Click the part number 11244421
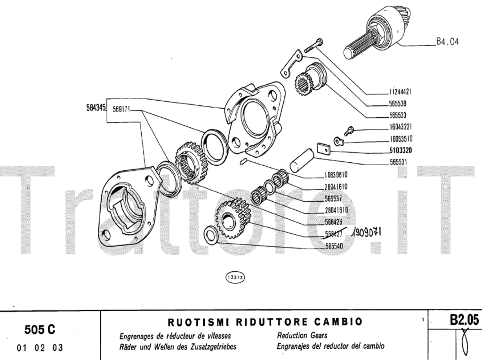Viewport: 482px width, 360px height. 401,92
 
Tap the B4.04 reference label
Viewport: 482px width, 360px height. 448,42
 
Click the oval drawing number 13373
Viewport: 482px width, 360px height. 234,278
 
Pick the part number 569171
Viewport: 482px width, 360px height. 121,110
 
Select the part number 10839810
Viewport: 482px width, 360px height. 336,175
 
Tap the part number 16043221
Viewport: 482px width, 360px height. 401,127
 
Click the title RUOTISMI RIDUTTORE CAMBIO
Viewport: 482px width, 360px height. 265,322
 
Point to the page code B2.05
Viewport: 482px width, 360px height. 463,320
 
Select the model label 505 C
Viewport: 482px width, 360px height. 40,329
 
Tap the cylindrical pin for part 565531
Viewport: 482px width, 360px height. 301,160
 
